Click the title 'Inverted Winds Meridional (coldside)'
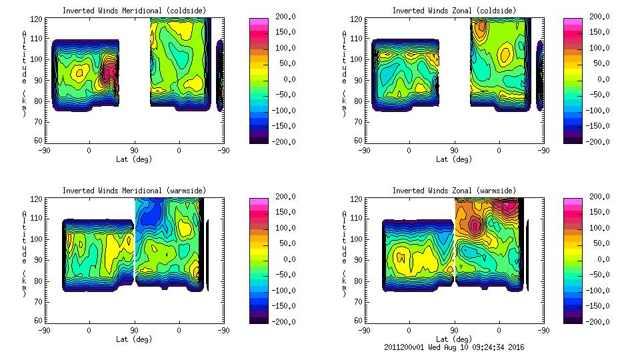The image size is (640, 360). [x=134, y=11]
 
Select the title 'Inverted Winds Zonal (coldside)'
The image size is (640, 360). [x=453, y=11]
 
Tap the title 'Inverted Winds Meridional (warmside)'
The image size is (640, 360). [x=134, y=191]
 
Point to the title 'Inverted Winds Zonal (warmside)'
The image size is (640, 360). [x=453, y=191]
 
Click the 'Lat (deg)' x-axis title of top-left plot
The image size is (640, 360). [x=134, y=159]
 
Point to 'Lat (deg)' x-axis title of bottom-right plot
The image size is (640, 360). [x=453, y=339]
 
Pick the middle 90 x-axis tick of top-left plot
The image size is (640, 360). [x=134, y=151]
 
